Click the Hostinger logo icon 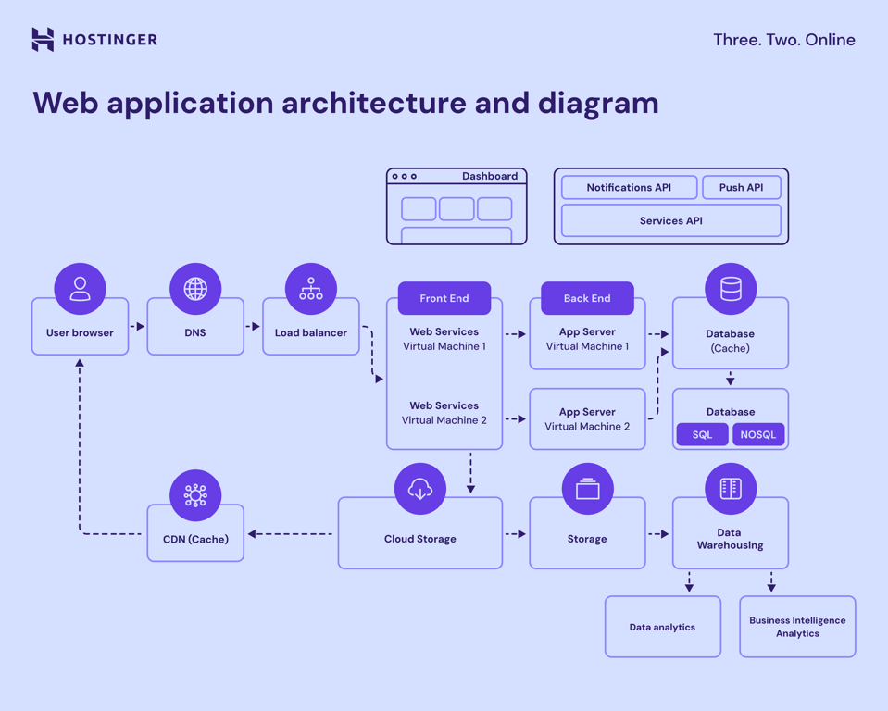coord(43,39)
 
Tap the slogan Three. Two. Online coord(783,40)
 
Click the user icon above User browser coord(81,289)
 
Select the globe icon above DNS coord(195,289)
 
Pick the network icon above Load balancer coord(311,289)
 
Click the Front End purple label coord(444,298)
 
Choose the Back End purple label coord(587,298)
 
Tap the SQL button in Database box coord(702,435)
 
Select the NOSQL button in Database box coord(757,435)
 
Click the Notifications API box coord(629,188)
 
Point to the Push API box coord(741,188)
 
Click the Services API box coord(670,221)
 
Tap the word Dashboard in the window coord(490,176)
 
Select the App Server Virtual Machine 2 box coord(587,419)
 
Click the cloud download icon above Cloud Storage coord(420,489)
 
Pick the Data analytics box coord(662,627)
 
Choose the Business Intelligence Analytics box coord(797,627)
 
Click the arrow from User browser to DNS coord(137,327)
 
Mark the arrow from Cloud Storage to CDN coord(290,534)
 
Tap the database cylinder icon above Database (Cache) coord(731,290)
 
